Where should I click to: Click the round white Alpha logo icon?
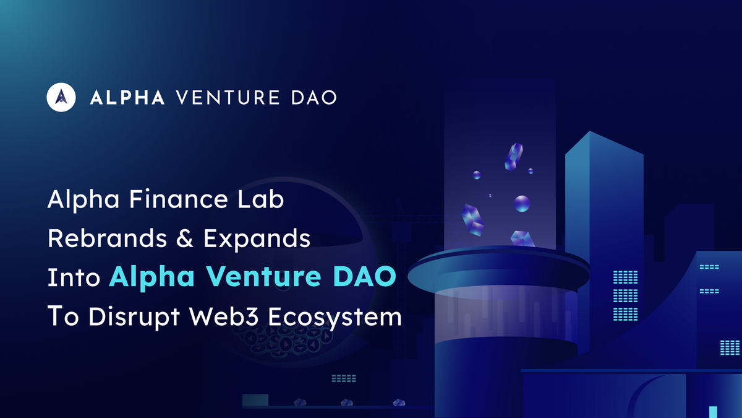pyautogui.click(x=61, y=97)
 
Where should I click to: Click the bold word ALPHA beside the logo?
pyautogui.click(x=127, y=97)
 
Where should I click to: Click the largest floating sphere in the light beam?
pyautogui.click(x=522, y=202)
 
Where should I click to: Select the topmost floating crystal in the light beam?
pyautogui.click(x=513, y=157)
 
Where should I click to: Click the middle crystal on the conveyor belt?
pyautogui.click(x=347, y=403)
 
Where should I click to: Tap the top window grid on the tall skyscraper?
pyautogui.click(x=625, y=277)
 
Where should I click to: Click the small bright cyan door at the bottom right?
pyautogui.click(x=712, y=412)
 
